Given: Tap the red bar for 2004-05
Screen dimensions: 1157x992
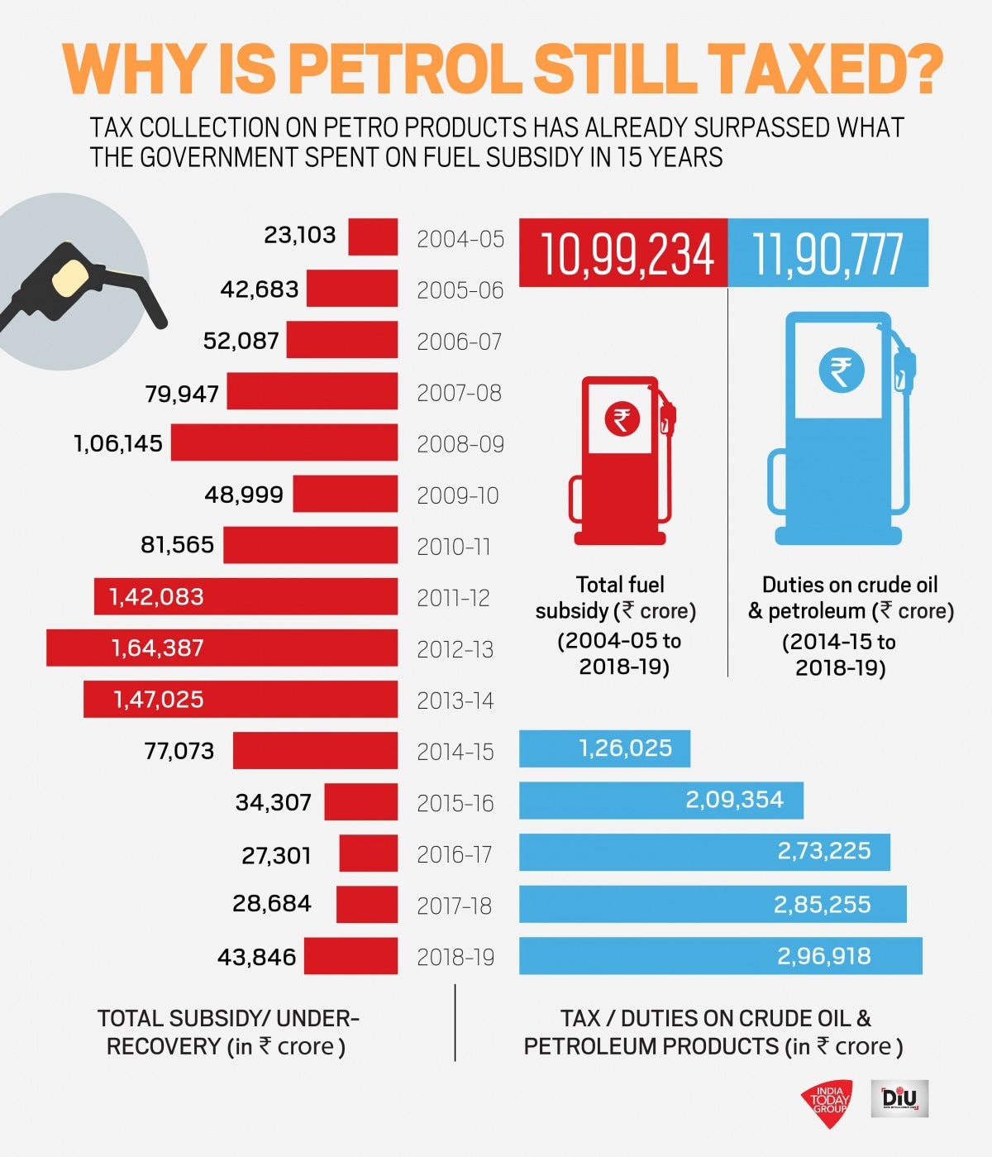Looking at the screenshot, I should point(373,237).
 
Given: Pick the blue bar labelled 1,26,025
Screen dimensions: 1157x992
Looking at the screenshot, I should point(604,748).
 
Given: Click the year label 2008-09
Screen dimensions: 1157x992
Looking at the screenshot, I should point(460,444).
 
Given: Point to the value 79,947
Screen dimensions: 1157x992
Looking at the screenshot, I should point(182,393).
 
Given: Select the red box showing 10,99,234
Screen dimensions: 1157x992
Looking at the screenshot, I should point(623,253).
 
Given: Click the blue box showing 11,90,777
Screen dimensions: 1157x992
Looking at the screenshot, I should point(827,253).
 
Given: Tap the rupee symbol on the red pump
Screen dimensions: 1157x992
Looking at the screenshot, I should point(622,419).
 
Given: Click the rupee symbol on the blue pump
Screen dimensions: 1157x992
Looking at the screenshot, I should point(841,371).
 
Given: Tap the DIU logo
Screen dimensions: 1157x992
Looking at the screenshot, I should point(899,1098).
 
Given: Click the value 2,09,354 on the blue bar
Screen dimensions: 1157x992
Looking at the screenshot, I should point(734,800).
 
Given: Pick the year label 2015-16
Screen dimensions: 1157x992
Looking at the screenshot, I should point(455,803).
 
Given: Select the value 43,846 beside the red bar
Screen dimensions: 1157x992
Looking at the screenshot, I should point(256,957).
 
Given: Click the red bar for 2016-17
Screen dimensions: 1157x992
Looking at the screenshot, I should point(368,853).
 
